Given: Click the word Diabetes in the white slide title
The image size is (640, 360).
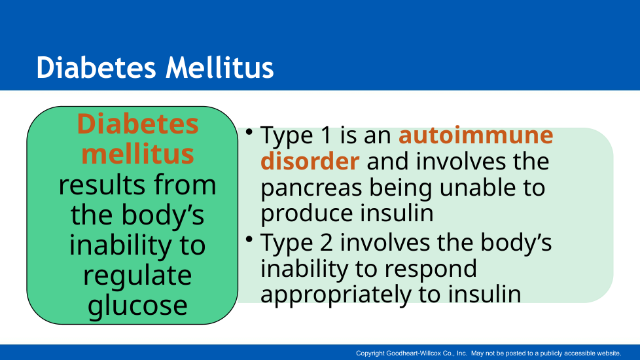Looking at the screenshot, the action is pos(96,67).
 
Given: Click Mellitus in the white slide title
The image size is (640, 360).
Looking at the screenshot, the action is pos(220,67).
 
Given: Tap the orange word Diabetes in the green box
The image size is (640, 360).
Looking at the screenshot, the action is pos(137,124).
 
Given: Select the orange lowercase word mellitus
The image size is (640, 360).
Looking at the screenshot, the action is pos(137,153).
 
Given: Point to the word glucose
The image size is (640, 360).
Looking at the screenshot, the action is pos(137,306).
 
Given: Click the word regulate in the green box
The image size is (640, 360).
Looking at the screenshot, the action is pos(137,276).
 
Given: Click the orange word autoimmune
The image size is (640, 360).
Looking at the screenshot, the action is pos(476,135).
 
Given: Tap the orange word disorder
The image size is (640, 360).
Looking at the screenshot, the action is pos(310,161).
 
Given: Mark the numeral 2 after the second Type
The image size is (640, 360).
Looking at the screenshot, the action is pos(327,242).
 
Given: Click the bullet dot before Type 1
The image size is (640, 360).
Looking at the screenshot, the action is pos(249,132).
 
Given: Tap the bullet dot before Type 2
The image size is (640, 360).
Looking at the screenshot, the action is pos(249,239).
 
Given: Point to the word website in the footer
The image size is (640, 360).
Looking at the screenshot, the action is pos(609,353).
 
